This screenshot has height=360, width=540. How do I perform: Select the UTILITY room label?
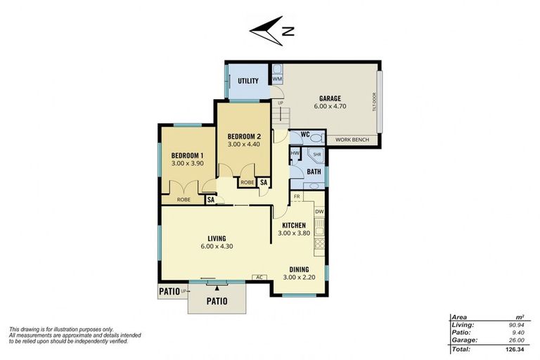point(247,81)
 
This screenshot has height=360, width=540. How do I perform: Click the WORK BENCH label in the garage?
point(351,140)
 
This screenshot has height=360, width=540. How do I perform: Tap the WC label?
point(305,134)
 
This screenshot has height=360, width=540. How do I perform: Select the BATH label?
point(314,171)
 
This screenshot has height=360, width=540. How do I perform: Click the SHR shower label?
point(317,153)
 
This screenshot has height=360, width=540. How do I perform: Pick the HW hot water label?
point(295,153)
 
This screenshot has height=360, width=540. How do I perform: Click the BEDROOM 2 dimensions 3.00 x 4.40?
point(243,144)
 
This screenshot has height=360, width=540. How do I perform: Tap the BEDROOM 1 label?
point(187,155)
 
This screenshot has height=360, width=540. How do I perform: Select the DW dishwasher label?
point(319,212)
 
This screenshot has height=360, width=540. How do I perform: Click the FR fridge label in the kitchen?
point(297,197)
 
